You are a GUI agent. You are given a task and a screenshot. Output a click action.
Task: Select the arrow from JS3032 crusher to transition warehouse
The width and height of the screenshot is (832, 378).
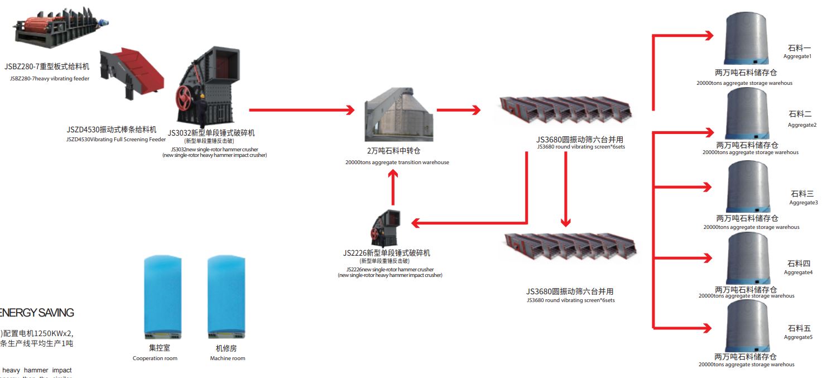(301, 110)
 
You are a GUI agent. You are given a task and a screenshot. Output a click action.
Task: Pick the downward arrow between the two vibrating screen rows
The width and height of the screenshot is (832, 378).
(566, 189)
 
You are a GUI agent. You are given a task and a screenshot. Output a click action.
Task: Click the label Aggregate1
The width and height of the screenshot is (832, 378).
(797, 56)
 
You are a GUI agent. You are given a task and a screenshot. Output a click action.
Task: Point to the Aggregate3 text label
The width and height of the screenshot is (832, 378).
(804, 203)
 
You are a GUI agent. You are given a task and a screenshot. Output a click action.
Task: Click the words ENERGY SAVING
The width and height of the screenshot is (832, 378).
(37, 313)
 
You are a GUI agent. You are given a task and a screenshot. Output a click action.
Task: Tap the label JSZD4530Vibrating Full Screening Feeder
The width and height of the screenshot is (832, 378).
(116, 140)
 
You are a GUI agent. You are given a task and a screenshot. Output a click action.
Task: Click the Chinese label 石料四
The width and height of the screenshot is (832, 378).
(799, 264)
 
